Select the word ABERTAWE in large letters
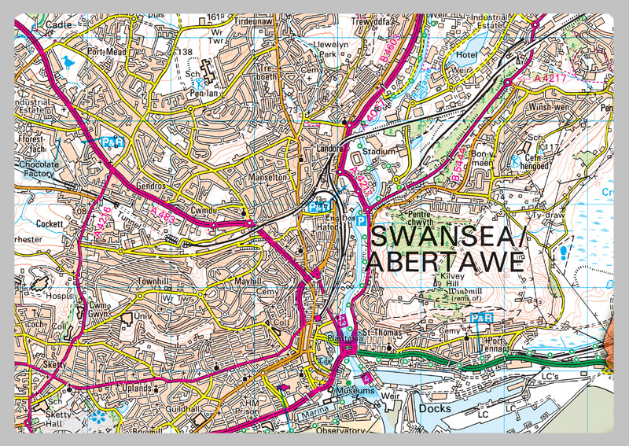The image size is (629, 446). (445, 262)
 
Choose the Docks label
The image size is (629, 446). (434, 408)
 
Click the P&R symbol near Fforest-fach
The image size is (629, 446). (113, 142)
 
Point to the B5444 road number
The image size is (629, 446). (462, 168)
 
